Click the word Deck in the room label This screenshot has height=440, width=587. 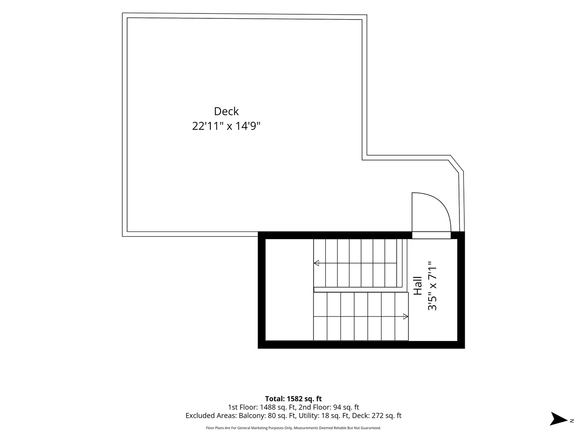point(226,111)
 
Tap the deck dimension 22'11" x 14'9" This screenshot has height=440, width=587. point(226,126)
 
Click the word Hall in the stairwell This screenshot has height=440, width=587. point(417,286)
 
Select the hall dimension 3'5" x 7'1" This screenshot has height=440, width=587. point(432,286)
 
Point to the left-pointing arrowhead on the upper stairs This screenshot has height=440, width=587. point(316,263)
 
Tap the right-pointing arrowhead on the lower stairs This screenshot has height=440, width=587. point(406,317)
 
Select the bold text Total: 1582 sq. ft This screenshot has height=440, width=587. point(293,399)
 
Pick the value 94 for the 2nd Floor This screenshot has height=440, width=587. point(338,407)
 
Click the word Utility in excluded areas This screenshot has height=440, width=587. point(307,416)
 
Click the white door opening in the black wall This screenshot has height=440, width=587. point(431,235)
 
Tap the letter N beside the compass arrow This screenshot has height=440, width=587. point(572,421)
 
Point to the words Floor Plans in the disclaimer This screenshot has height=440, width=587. point(215,428)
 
